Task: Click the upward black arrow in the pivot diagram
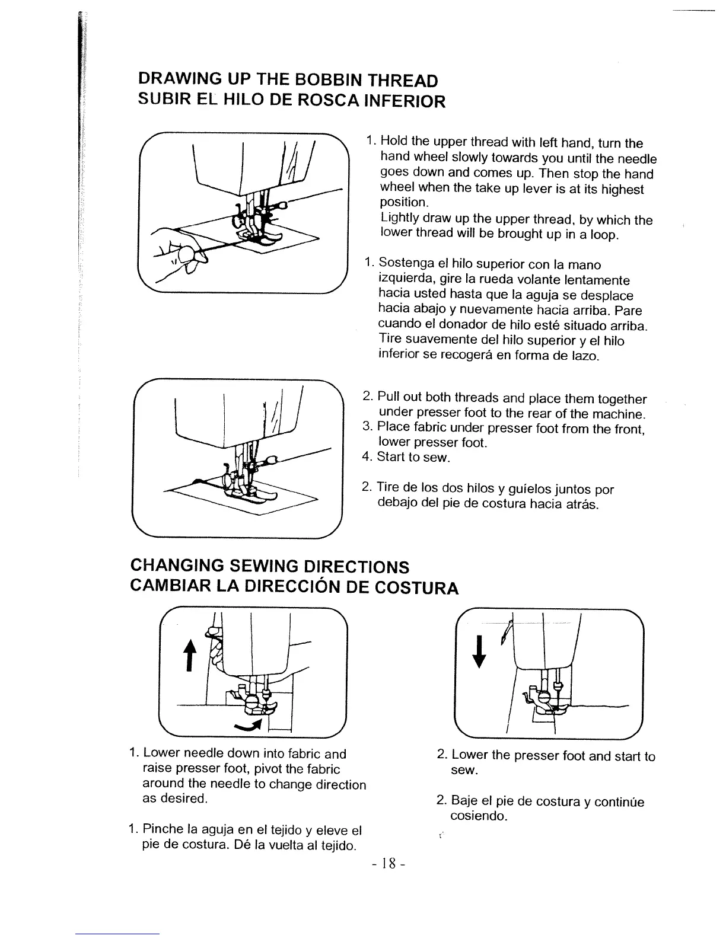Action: click(190, 657)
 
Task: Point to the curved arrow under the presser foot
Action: click(249, 726)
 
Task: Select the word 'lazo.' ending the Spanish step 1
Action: click(585, 356)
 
